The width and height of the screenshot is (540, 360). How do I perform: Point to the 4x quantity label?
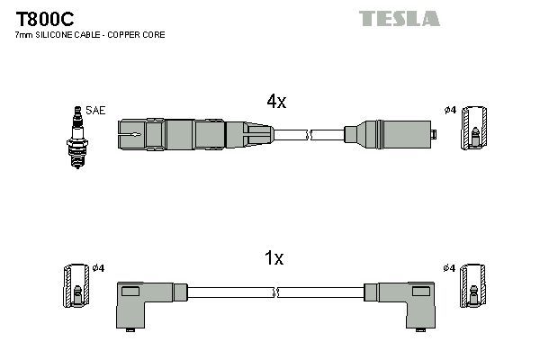click(x=275, y=102)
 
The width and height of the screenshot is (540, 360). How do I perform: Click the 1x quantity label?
click(x=274, y=259)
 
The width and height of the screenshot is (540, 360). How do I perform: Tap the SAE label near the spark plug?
click(x=97, y=111)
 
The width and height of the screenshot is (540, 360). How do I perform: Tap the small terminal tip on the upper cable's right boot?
click(x=433, y=135)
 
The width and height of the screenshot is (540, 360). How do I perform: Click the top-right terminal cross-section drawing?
click(x=473, y=128)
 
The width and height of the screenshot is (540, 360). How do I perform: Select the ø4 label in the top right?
click(x=450, y=111)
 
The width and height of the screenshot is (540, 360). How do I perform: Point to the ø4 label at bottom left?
click(x=99, y=268)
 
